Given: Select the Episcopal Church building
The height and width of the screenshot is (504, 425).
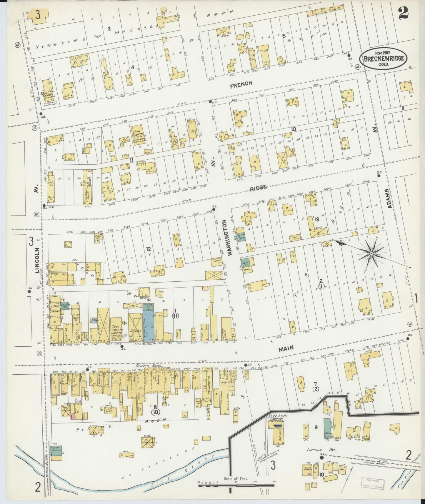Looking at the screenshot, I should [47, 91].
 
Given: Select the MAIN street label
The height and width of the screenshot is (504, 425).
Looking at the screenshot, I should [286, 348].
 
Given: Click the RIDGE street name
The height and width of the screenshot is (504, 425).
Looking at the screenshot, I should [259, 187].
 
